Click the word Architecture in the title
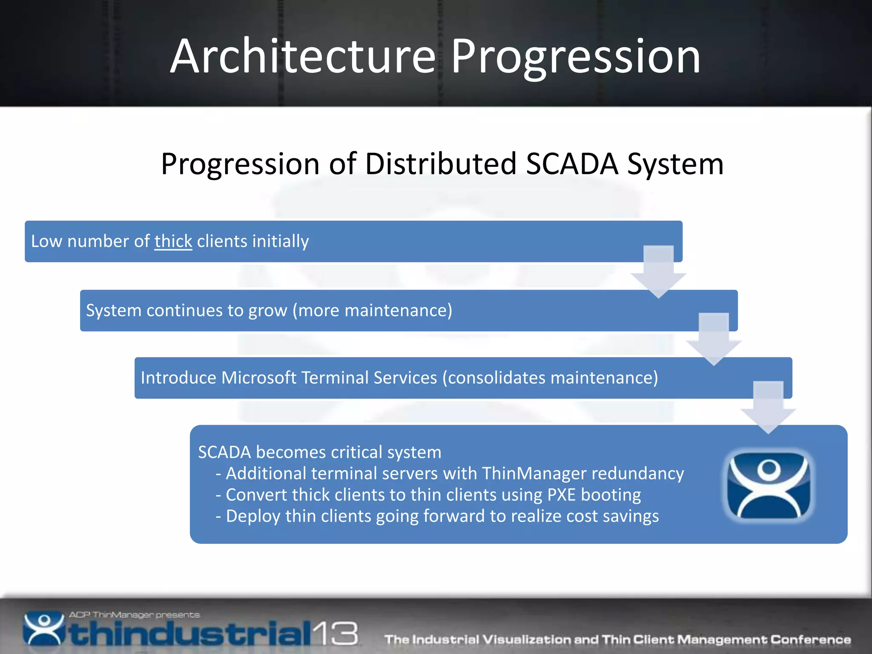point(303,57)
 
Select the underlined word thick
point(173,241)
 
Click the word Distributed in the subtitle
point(441,164)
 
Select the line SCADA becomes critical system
point(319,452)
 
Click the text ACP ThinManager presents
point(134,615)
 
